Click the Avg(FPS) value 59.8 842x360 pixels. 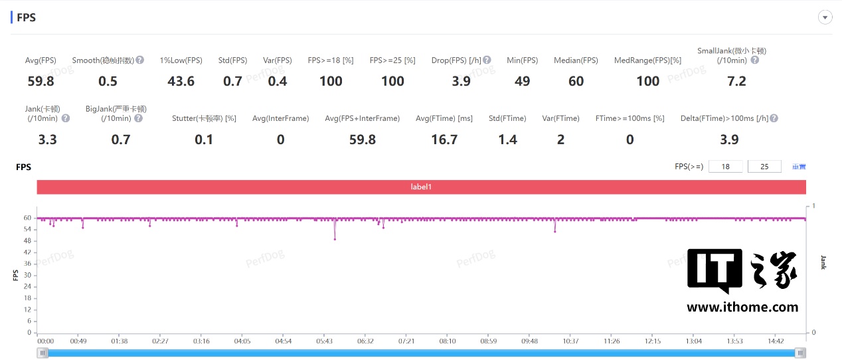(x=41, y=81)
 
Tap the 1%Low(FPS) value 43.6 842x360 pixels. (x=181, y=81)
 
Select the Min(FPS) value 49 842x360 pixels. (x=522, y=81)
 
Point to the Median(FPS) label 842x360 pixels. (x=576, y=60)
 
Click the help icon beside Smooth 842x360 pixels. (x=140, y=60)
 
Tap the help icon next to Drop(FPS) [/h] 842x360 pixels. (x=487, y=60)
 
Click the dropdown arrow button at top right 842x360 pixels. (x=825, y=18)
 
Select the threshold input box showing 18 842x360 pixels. (x=726, y=167)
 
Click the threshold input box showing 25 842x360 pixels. (x=764, y=167)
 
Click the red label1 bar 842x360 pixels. (x=421, y=187)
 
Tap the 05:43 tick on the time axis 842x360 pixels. (x=324, y=341)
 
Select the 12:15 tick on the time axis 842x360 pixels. (x=653, y=341)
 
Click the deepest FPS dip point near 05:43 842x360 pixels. (x=335, y=239)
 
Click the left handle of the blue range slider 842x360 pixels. (x=43, y=353)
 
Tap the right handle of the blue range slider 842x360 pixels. (x=801, y=353)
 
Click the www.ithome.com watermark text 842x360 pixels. (x=742, y=307)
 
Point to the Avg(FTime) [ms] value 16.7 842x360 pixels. (x=444, y=139)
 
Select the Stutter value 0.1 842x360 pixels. (x=204, y=139)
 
